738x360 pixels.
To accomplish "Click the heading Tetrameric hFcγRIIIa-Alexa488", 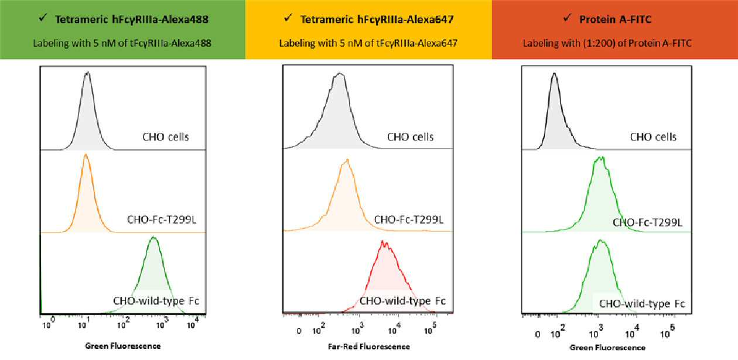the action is point(132,19).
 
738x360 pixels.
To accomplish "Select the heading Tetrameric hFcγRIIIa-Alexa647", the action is point(377,19).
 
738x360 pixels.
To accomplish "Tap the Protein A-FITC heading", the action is point(616,19).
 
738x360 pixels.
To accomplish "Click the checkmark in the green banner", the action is point(43,18).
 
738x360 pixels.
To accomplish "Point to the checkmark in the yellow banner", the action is point(288,18).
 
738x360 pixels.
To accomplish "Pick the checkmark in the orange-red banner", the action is point(567,18).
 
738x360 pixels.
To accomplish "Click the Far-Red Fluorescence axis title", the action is point(368,347).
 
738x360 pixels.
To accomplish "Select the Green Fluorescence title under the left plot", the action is point(123,346).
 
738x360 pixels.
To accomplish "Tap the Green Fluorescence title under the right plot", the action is point(607,348).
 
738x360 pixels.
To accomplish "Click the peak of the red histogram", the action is point(382,241).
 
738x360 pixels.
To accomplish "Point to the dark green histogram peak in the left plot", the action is point(153,237).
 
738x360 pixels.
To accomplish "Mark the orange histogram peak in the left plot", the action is point(86,154).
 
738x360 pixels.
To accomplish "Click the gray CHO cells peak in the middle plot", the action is point(339,73).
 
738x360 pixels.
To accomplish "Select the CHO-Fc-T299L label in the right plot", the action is point(647,222).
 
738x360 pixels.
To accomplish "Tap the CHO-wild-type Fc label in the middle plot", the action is point(402,301).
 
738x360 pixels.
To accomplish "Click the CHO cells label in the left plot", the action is point(165,137).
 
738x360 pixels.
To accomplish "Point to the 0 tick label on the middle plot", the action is point(299,331).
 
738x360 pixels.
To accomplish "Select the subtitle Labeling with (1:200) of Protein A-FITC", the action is point(607,43).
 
